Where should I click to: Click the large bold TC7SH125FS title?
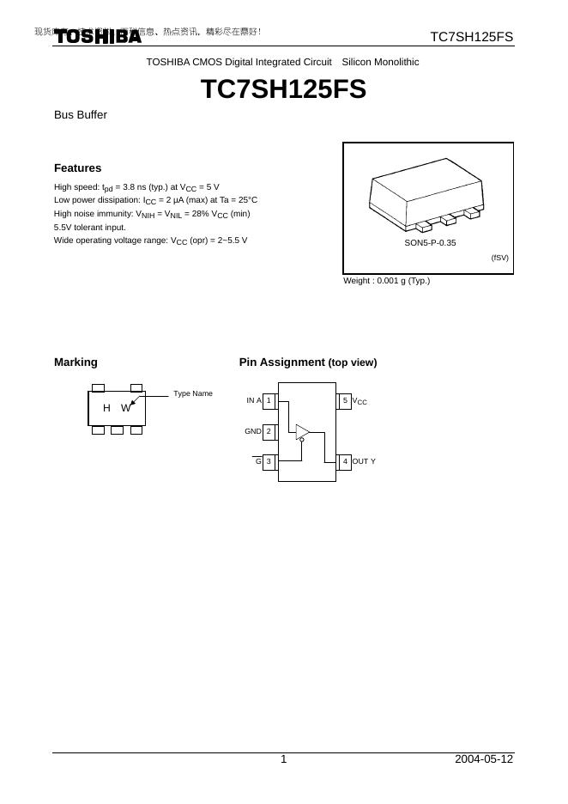pyautogui.click(x=283, y=89)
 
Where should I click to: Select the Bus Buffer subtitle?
pyautogui.click(x=81, y=114)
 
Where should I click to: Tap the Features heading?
pyautogui.click(x=77, y=168)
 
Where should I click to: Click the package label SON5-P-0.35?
pyautogui.click(x=430, y=243)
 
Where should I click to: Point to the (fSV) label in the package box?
pyautogui.click(x=499, y=258)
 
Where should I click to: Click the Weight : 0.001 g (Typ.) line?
pyautogui.click(x=386, y=281)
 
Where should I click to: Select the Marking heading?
pyautogui.click(x=76, y=362)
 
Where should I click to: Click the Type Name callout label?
pyautogui.click(x=193, y=393)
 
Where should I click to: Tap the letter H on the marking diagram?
pyautogui.click(x=106, y=408)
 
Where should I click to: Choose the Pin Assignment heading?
pyautogui.click(x=307, y=362)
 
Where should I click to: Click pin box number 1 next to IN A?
pyautogui.click(x=269, y=400)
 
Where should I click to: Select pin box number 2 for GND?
pyautogui.click(x=269, y=431)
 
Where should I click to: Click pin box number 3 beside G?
pyautogui.click(x=269, y=461)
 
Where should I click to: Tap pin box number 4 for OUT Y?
pyautogui.click(x=345, y=461)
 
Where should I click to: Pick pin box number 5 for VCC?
pyautogui.click(x=345, y=400)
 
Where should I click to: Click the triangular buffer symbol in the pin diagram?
pyautogui.click(x=302, y=431)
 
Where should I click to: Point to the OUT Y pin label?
pyautogui.click(x=364, y=461)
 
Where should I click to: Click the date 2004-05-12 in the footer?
pyautogui.click(x=484, y=759)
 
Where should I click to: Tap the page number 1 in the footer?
pyautogui.click(x=283, y=759)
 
